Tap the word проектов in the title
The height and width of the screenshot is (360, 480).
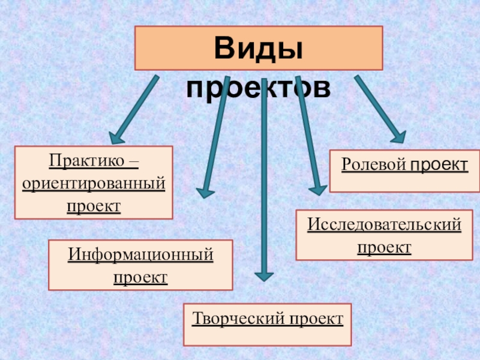259,88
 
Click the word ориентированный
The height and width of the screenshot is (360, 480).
93,183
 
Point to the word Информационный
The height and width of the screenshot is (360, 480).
140,254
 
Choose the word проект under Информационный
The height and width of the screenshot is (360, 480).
140,277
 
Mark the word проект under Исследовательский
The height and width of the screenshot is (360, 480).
384,247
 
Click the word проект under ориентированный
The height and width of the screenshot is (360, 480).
93,205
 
